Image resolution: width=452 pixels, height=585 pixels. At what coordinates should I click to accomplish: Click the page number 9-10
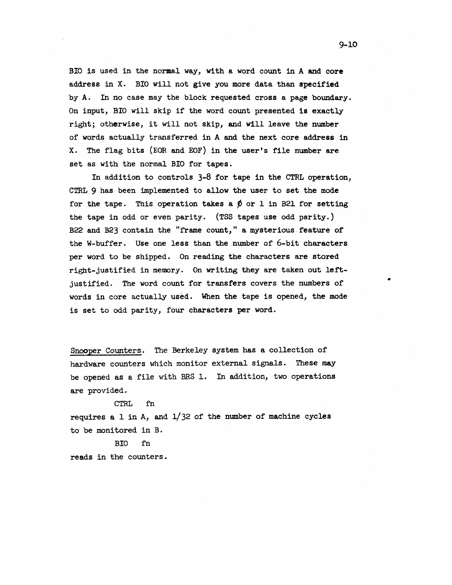point(348,45)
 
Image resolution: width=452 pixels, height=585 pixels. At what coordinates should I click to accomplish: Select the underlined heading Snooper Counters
point(106,350)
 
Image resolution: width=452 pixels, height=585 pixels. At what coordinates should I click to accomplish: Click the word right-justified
point(102,270)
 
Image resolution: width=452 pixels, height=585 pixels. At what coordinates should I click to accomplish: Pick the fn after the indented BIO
point(145,443)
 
